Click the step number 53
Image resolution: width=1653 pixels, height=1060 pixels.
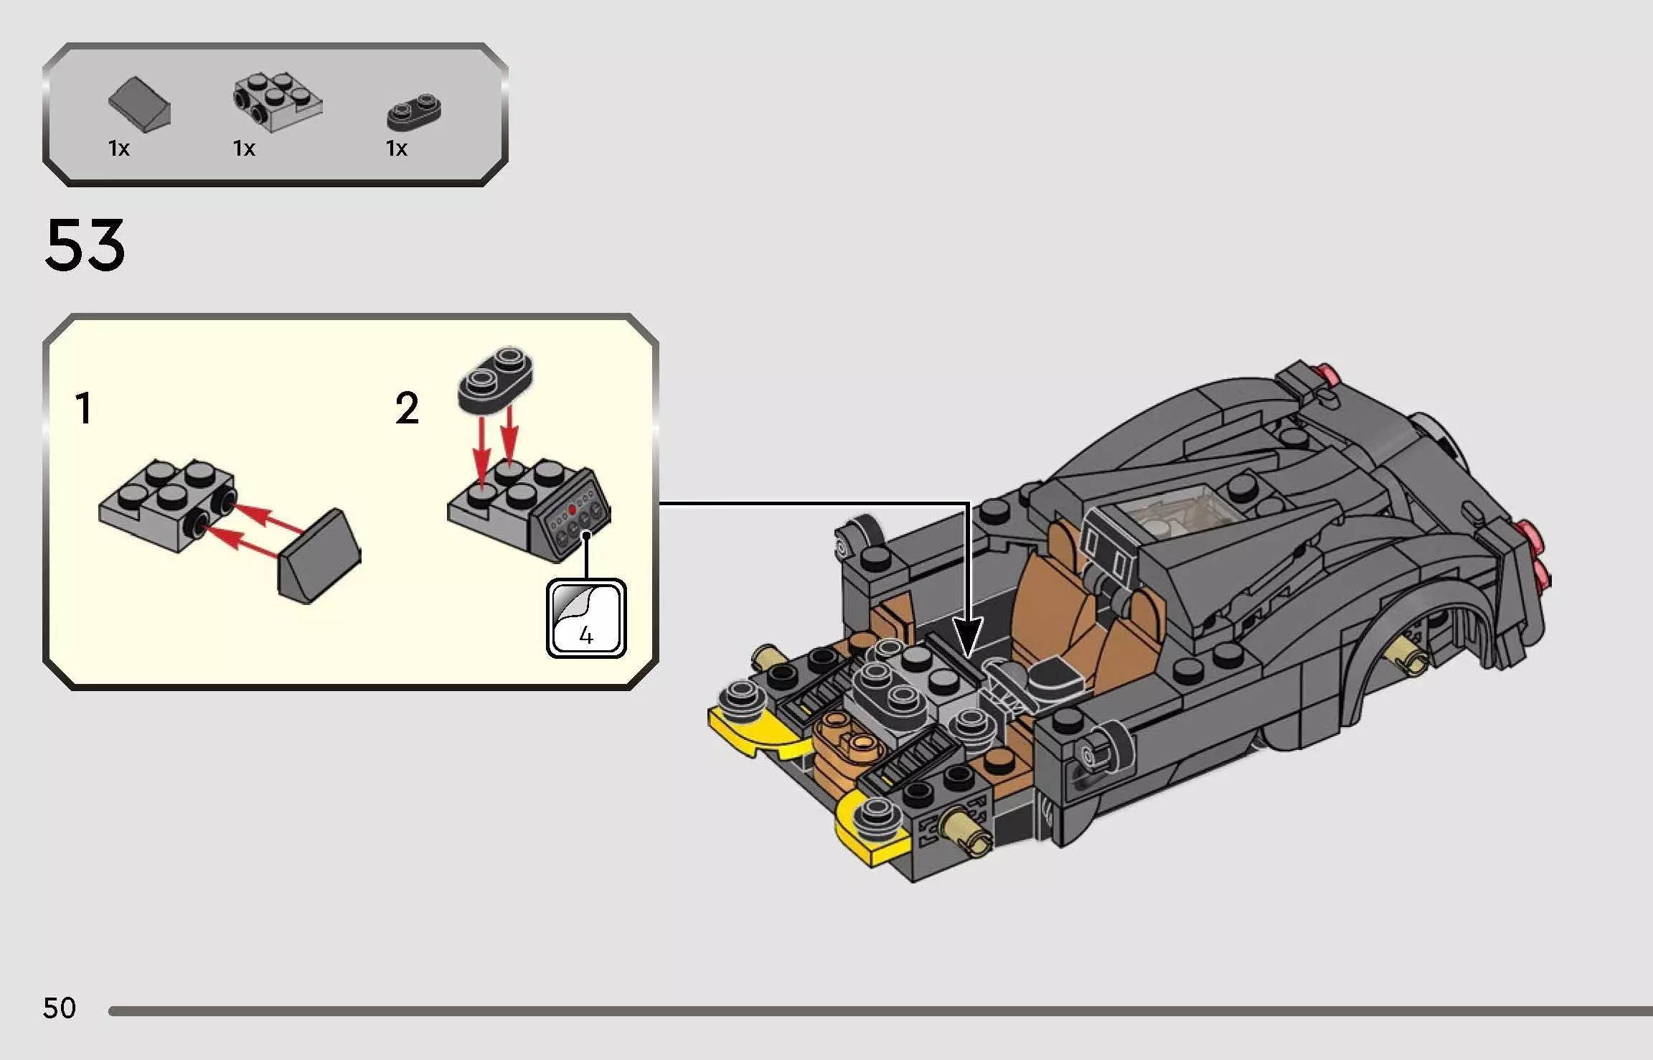85,246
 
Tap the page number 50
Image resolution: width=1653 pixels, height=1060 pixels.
59,1008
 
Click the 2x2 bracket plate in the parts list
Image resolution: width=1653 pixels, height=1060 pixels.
278,102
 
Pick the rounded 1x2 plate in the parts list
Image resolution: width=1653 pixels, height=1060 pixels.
414,113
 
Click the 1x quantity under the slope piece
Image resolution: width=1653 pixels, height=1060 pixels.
119,149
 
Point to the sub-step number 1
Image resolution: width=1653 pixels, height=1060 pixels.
84,409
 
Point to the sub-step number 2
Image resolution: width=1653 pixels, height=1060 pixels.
407,409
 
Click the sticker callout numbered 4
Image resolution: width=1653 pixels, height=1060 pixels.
586,619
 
